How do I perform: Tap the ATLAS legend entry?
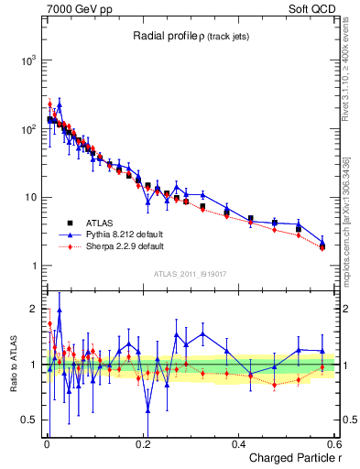click(97, 223)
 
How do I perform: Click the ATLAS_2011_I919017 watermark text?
click(190, 274)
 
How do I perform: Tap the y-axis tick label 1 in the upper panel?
click(33, 267)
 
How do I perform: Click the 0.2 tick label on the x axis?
click(142, 444)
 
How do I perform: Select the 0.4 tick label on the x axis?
click(238, 444)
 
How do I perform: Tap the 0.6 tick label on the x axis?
click(333, 444)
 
